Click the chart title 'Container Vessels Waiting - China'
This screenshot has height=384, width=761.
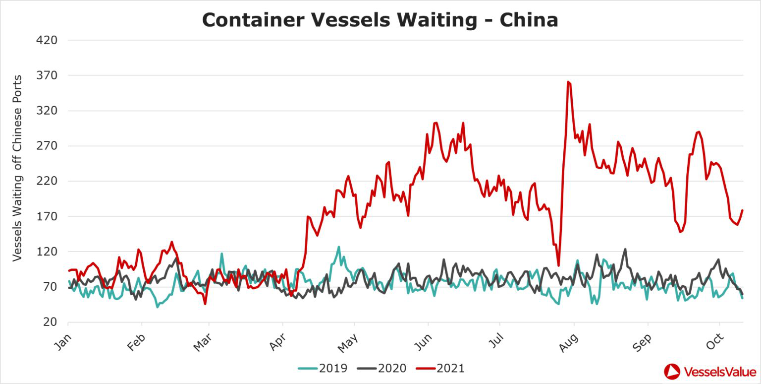click(x=380, y=20)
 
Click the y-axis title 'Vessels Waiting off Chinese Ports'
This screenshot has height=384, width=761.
click(x=17, y=168)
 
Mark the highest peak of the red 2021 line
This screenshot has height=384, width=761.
click(x=568, y=82)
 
